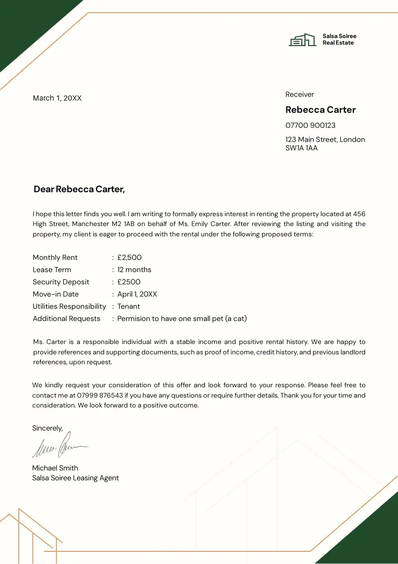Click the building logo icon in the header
pos(302,40)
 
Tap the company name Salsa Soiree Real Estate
pos(339,39)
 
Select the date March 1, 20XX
pos(57,98)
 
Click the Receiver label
pos(299,94)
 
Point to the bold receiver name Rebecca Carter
pos(321,110)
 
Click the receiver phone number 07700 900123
pos(310,125)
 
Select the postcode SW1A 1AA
pos(301,148)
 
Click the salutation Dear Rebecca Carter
pos(79,189)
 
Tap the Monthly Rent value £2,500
pos(130,258)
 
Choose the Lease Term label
pos(52,270)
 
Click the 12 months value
pos(134,270)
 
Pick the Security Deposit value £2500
pos(129,282)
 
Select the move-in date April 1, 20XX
pos(137,294)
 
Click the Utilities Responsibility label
pos(69,306)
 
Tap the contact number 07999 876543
pos(99,396)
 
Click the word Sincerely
pos(47,428)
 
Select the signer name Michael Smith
pos(55,468)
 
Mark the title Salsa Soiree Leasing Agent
pos(76,478)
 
